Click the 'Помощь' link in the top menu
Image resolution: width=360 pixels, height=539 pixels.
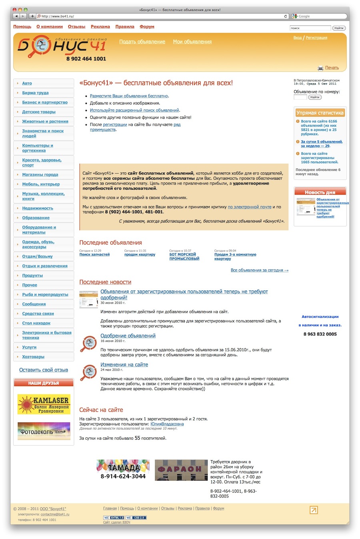click(x=22, y=27)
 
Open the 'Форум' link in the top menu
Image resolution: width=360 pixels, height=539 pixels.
click(x=147, y=27)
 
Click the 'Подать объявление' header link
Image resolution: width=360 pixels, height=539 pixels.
click(x=142, y=42)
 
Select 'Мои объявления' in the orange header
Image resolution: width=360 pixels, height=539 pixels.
click(x=192, y=42)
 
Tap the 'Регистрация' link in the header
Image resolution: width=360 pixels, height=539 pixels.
click(x=316, y=38)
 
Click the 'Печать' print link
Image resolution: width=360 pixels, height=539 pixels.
click(x=332, y=68)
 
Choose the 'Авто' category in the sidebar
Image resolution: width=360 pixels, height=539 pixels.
click(x=27, y=83)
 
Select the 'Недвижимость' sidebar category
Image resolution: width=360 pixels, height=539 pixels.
click(x=38, y=208)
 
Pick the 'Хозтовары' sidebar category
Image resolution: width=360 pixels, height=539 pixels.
click(x=33, y=357)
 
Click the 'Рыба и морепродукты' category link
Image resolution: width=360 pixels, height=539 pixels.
click(x=45, y=295)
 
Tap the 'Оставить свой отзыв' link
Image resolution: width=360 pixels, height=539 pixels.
click(x=44, y=370)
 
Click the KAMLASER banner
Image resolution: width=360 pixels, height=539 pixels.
click(x=44, y=404)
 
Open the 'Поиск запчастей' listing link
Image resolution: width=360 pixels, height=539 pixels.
click(x=94, y=254)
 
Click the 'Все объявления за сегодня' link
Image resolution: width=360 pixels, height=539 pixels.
click(x=259, y=270)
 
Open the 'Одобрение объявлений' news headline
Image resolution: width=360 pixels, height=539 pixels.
click(x=128, y=336)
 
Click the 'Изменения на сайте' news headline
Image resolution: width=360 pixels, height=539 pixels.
click(x=124, y=365)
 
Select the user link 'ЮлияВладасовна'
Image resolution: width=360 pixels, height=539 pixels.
click(x=167, y=424)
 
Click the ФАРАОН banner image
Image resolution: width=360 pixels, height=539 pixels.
click(x=181, y=470)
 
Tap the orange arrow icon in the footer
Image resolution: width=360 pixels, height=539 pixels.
click(x=314, y=510)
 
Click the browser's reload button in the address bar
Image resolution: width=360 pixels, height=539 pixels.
click(x=286, y=16)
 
